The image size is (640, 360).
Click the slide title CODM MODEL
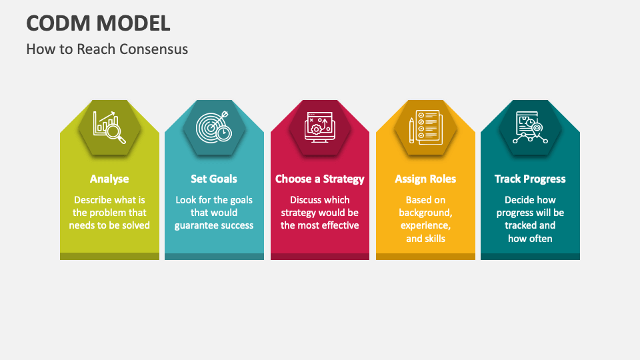[98, 23]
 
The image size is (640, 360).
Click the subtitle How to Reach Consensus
[107, 49]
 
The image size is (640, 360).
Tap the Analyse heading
[109, 179]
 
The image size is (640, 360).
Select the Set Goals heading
[214, 179]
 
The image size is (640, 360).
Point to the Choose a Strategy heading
[320, 179]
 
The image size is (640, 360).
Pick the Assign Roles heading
[425, 179]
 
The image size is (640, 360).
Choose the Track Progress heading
[530, 179]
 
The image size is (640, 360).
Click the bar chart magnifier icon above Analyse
[109, 127]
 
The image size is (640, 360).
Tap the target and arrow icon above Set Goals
[214, 127]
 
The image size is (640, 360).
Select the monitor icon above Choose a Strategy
[320, 127]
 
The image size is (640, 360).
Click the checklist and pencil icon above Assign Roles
[425, 127]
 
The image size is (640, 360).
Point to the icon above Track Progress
[530, 127]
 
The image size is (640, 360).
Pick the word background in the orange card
[425, 213]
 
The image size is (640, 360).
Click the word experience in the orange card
[425, 225]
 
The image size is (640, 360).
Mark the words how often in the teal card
[530, 238]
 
